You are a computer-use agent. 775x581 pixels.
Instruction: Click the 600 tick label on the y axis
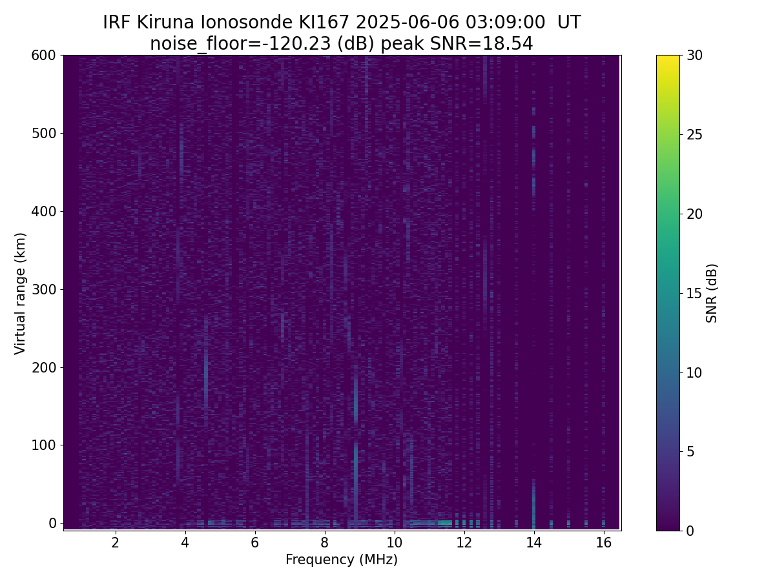pyautogui.click(x=43, y=56)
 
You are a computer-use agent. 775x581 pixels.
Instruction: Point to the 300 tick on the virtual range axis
pyautogui.click(x=61, y=289)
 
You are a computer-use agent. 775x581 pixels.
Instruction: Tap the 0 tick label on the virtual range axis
pyautogui.click(x=52, y=523)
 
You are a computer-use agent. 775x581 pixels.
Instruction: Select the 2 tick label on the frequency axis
pyautogui.click(x=115, y=542)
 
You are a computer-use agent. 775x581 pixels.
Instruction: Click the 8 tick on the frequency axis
pyautogui.click(x=324, y=533)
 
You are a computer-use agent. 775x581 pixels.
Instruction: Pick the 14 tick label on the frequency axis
pyautogui.click(x=534, y=542)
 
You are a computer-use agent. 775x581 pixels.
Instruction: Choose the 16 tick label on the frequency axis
pyautogui.click(x=604, y=542)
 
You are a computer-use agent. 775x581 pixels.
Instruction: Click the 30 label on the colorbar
pyautogui.click(x=694, y=56)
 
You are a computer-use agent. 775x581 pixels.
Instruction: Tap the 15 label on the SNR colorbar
pyautogui.click(x=694, y=293)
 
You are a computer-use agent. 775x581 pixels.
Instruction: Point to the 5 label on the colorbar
pyautogui.click(x=690, y=451)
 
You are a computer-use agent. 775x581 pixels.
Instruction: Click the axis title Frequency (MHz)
pyautogui.click(x=342, y=560)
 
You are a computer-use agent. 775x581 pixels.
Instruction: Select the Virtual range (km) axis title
pyautogui.click(x=20, y=294)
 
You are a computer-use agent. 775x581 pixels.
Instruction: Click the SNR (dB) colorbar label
pyautogui.click(x=711, y=293)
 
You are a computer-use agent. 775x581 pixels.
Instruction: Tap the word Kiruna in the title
pyautogui.click(x=165, y=23)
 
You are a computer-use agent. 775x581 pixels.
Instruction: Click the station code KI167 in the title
pyautogui.click(x=324, y=23)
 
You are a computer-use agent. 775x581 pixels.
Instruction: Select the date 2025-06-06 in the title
pyautogui.click(x=407, y=23)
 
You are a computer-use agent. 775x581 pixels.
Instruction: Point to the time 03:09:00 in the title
pyautogui.click(x=505, y=23)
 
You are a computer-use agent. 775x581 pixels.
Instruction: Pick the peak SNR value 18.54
pyautogui.click(x=508, y=44)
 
